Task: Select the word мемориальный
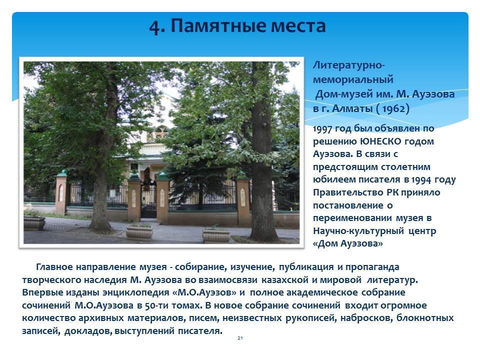tap(353, 79)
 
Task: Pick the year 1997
tap(322, 128)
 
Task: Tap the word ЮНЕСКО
tap(380, 141)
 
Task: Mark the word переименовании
tap(352, 218)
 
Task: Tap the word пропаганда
tap(372, 267)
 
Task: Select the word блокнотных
tap(425, 318)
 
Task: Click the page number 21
tap(240, 338)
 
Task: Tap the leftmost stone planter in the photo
tap(34, 222)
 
